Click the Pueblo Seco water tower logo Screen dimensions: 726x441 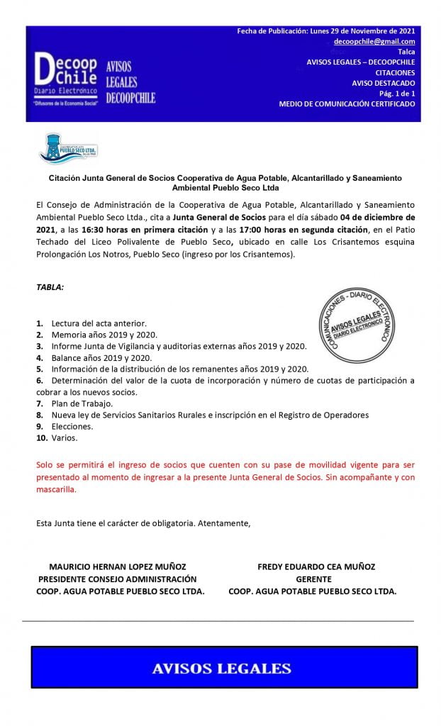click(67, 148)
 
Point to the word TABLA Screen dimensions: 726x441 click(50, 287)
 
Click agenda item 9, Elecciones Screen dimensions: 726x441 click(72, 427)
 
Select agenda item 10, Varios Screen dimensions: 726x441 click(64, 438)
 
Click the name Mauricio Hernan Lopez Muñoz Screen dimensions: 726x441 click(117, 566)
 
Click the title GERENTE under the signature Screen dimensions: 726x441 click(313, 579)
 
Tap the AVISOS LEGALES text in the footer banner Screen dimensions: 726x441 click(222, 668)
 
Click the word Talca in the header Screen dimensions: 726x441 click(406, 52)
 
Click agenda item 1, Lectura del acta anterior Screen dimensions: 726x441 click(99, 323)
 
